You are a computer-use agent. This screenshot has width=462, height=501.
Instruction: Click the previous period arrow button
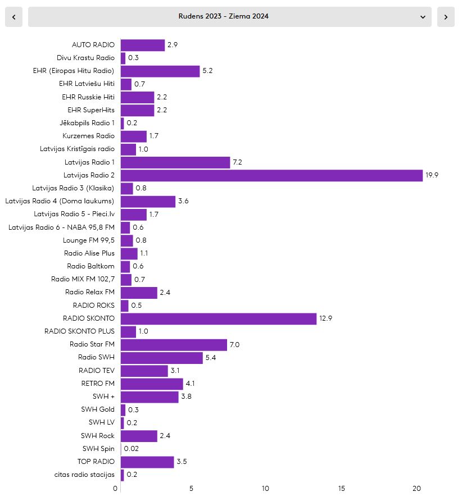(x=13, y=17)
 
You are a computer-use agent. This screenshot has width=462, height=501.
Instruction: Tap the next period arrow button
(x=446, y=17)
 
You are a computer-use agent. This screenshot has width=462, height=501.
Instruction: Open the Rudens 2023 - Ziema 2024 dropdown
(x=229, y=17)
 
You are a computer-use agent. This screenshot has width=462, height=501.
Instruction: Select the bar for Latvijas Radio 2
(x=272, y=175)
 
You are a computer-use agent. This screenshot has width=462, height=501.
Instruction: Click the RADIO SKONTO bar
(x=219, y=318)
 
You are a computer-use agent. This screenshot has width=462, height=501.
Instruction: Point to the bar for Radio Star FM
(x=174, y=345)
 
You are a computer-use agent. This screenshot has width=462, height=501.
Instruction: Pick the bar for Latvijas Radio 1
(x=175, y=162)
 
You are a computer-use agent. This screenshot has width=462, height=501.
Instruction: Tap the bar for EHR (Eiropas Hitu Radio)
(x=160, y=71)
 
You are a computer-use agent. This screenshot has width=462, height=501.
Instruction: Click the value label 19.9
(x=432, y=175)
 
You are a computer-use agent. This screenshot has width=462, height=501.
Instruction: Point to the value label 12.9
(x=325, y=318)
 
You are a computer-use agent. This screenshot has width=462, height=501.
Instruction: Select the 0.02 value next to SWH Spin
(x=131, y=449)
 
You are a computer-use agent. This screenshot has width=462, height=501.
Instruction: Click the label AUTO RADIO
(x=93, y=45)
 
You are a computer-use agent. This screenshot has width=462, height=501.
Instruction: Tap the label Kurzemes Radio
(x=89, y=136)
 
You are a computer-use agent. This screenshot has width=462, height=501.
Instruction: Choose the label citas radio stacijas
(x=84, y=475)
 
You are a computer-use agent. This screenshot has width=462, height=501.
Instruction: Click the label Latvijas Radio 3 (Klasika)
(x=73, y=188)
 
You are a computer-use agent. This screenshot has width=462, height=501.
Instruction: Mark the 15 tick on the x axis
(x=341, y=489)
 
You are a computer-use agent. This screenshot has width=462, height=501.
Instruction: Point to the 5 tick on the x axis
(x=191, y=489)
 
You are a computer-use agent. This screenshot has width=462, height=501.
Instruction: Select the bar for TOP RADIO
(x=147, y=462)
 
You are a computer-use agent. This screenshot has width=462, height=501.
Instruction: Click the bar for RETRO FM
(x=152, y=384)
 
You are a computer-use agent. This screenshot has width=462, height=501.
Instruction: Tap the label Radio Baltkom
(x=91, y=266)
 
